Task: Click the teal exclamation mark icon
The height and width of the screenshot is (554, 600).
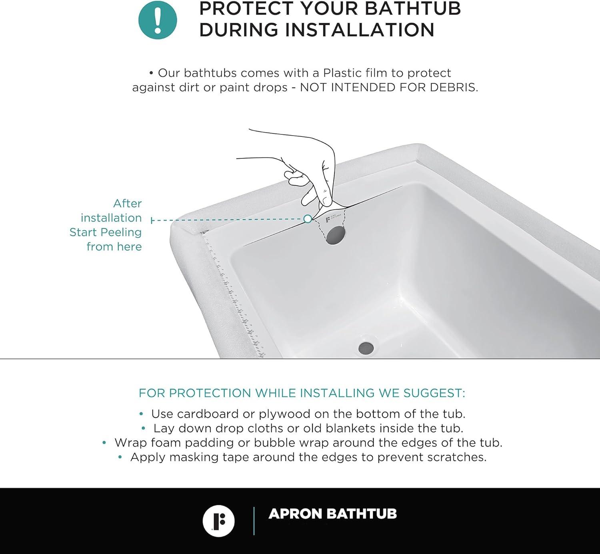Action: click(158, 20)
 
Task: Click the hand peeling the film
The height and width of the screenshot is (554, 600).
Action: click(316, 172)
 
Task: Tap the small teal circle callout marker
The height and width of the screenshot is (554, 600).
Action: click(308, 219)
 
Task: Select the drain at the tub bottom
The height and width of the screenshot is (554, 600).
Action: click(366, 347)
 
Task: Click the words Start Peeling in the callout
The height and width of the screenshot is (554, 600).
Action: click(106, 232)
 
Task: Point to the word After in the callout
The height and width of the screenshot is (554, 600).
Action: click(127, 203)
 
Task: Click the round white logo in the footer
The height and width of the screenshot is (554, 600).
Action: click(218, 521)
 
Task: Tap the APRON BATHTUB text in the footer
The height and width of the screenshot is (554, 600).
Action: click(332, 514)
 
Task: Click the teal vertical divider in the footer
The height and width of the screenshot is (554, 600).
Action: click(254, 521)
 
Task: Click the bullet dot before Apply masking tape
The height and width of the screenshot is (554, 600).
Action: click(120, 457)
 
